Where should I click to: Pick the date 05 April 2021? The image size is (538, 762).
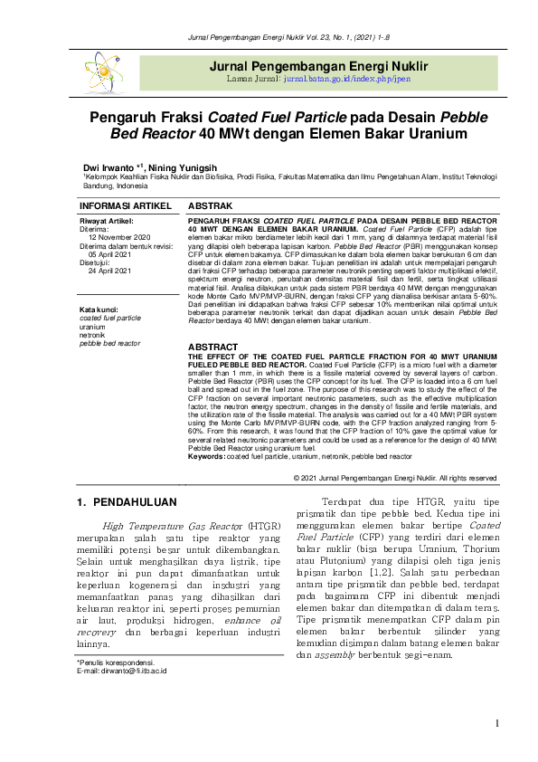110,254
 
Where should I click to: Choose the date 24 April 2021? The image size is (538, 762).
110,271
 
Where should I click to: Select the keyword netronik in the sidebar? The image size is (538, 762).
93,335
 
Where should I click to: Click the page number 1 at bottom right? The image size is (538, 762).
496,722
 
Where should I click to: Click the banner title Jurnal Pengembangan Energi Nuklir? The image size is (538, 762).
318,67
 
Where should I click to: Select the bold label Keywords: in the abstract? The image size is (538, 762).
206,457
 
